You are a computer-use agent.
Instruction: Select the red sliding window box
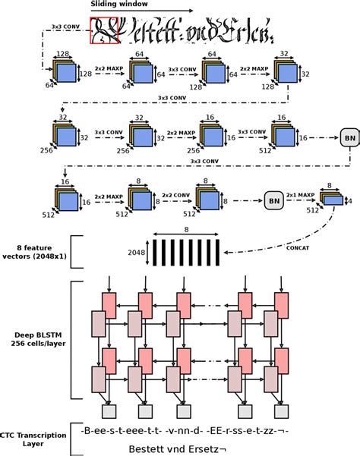click(103, 33)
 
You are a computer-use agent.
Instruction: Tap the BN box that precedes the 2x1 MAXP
click(274, 201)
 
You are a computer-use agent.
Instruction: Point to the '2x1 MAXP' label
click(303, 195)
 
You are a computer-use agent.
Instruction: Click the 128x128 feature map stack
click(64, 72)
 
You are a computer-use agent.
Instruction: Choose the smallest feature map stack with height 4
click(330, 198)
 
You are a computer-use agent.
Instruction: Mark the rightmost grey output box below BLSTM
click(281, 411)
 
